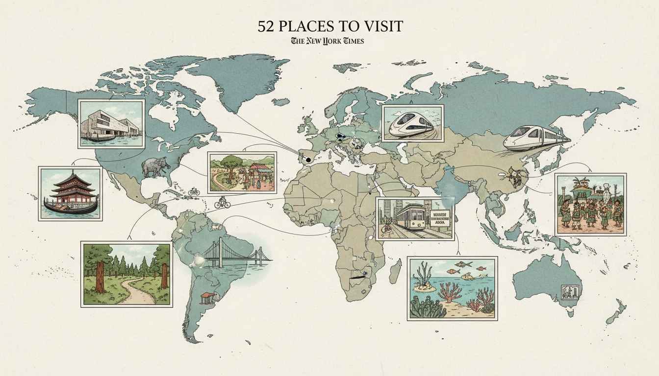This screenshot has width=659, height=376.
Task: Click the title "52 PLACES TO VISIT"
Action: [329, 26]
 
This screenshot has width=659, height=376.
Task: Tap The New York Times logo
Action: [328, 41]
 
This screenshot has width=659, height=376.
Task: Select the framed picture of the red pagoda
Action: [70, 193]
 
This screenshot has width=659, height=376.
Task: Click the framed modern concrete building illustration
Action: [111, 124]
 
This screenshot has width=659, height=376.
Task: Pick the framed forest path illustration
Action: [127, 274]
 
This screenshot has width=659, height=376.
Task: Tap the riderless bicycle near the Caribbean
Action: [194, 191]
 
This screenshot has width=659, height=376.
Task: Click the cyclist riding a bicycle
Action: [222, 202]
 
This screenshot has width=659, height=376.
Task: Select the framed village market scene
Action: [242, 172]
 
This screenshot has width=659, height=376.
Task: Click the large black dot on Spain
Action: [307, 159]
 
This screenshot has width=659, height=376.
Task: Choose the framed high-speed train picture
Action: [412, 123]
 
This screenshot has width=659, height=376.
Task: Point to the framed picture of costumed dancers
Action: [590, 204]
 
